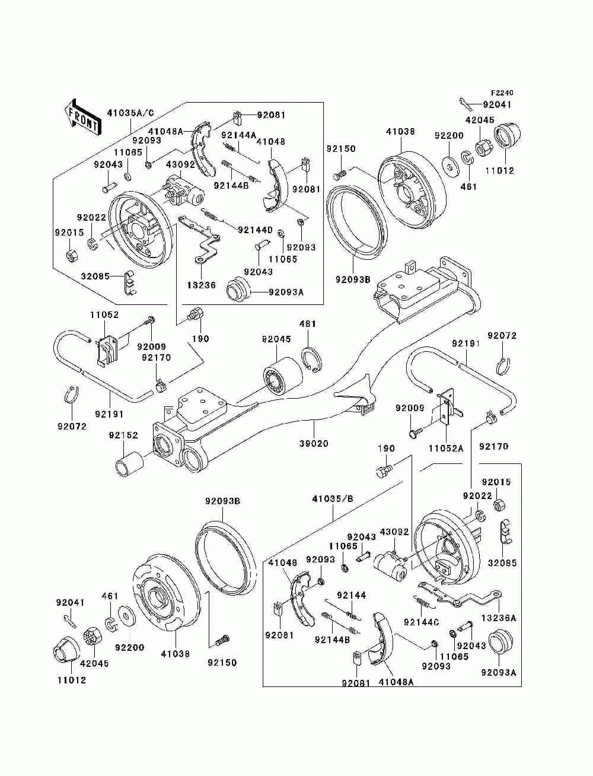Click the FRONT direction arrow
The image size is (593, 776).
82,117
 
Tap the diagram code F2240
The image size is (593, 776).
502,93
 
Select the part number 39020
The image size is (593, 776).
314,443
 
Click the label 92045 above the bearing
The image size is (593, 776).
276,339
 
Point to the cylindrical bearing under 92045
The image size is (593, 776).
283,376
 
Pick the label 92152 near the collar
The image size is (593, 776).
123,435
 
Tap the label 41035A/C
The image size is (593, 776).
131,113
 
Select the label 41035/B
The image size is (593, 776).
333,499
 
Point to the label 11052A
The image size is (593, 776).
445,449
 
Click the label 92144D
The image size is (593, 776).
255,230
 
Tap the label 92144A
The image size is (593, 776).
239,135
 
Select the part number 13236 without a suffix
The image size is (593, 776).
201,285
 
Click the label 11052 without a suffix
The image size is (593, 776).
104,314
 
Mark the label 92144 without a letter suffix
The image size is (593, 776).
351,595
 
